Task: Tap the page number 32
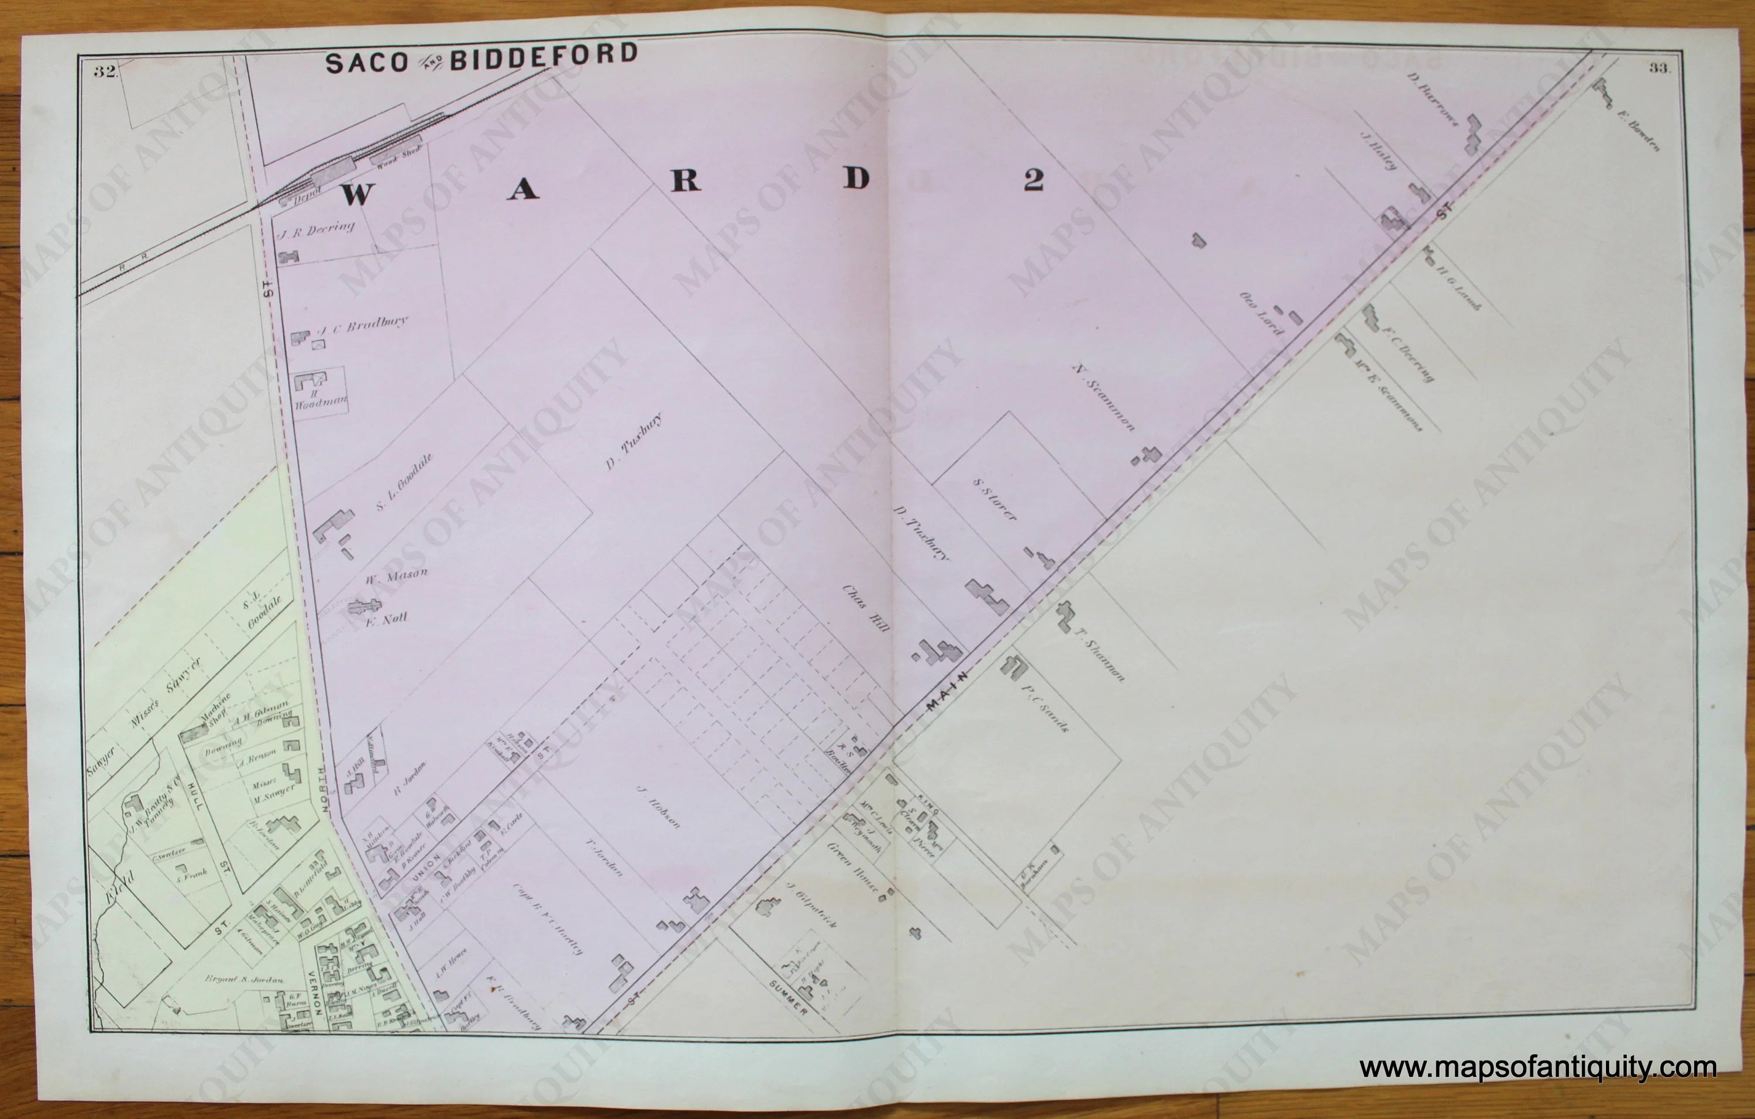point(105,71)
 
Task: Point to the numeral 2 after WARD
point(1033,179)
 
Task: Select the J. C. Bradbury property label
point(362,326)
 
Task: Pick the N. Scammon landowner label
point(1103,397)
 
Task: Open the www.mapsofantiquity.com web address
point(1538,1068)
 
